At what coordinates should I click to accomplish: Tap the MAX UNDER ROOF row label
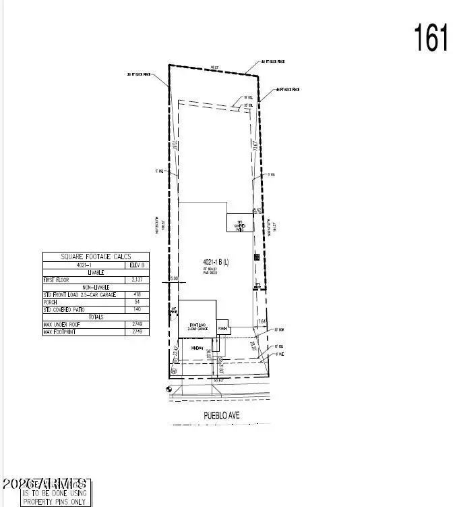click(x=63, y=325)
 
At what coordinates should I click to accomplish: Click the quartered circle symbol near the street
click(x=169, y=390)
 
